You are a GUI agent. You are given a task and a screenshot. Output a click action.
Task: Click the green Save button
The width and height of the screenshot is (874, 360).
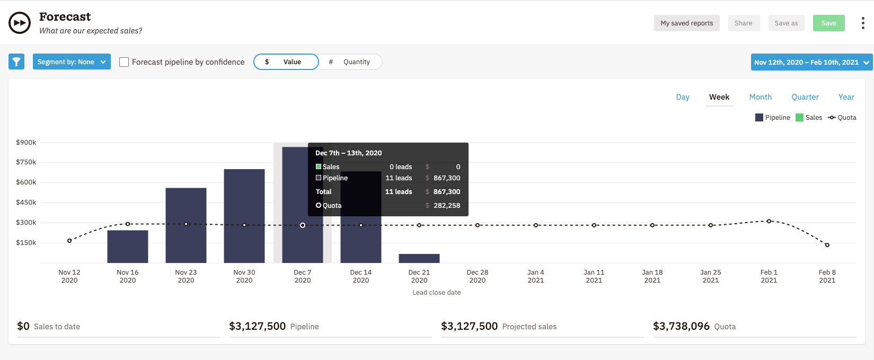click(828, 23)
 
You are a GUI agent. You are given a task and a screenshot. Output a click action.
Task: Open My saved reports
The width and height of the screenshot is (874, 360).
click(686, 23)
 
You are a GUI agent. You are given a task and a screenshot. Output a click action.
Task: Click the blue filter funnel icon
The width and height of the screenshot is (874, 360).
click(16, 62)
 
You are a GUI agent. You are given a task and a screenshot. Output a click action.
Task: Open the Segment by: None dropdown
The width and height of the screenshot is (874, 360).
click(72, 62)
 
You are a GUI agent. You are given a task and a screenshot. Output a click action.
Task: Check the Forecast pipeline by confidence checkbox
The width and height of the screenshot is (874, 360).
click(124, 62)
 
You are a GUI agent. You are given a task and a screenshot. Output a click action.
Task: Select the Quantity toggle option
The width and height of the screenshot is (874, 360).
click(350, 62)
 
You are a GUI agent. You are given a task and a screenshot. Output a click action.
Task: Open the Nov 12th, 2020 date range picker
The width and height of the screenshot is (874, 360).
click(811, 62)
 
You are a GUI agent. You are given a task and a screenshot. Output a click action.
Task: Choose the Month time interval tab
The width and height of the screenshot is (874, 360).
click(760, 97)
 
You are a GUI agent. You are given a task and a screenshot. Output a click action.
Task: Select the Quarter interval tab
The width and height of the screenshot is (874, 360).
click(805, 97)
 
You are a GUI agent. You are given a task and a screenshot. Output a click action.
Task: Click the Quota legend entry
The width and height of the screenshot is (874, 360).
click(842, 118)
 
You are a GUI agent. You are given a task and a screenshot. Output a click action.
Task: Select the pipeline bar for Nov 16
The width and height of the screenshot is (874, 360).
click(128, 247)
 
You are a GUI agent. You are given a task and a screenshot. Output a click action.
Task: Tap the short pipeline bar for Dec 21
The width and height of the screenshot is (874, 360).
click(419, 258)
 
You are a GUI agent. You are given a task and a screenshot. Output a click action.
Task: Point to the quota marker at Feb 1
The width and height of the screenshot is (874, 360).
click(769, 221)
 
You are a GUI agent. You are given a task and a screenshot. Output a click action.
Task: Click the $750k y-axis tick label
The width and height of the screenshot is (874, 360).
click(26, 162)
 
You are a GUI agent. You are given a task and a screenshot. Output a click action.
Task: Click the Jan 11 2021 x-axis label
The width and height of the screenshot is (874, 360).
click(594, 276)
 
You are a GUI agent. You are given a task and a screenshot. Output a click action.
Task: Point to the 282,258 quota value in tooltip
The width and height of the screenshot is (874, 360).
click(446, 206)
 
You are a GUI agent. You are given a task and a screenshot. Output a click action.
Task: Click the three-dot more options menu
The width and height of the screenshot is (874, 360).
click(863, 23)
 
